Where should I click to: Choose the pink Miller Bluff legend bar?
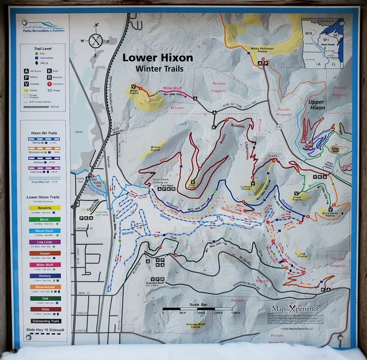[x=44, y=265]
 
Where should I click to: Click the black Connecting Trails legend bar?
[x=44, y=321]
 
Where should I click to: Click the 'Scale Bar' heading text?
[x=197, y=305]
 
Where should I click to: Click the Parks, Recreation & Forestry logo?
[x=44, y=29]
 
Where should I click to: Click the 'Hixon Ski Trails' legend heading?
[x=44, y=133]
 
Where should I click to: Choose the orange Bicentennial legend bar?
[x=44, y=287]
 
